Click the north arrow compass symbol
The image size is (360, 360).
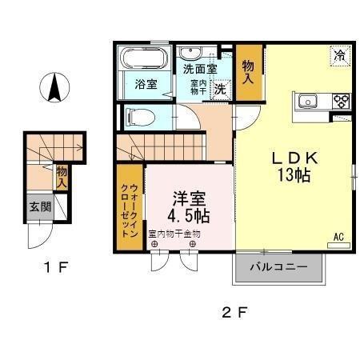54,87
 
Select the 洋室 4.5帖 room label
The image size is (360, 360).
190,206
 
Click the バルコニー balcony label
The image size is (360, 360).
278,267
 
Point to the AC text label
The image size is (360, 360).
339,236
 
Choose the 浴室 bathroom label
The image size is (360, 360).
145,84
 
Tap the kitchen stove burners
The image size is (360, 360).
342,101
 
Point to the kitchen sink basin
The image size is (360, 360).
308,101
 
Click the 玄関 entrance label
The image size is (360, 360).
39,206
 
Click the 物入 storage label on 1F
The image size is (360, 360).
61,176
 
